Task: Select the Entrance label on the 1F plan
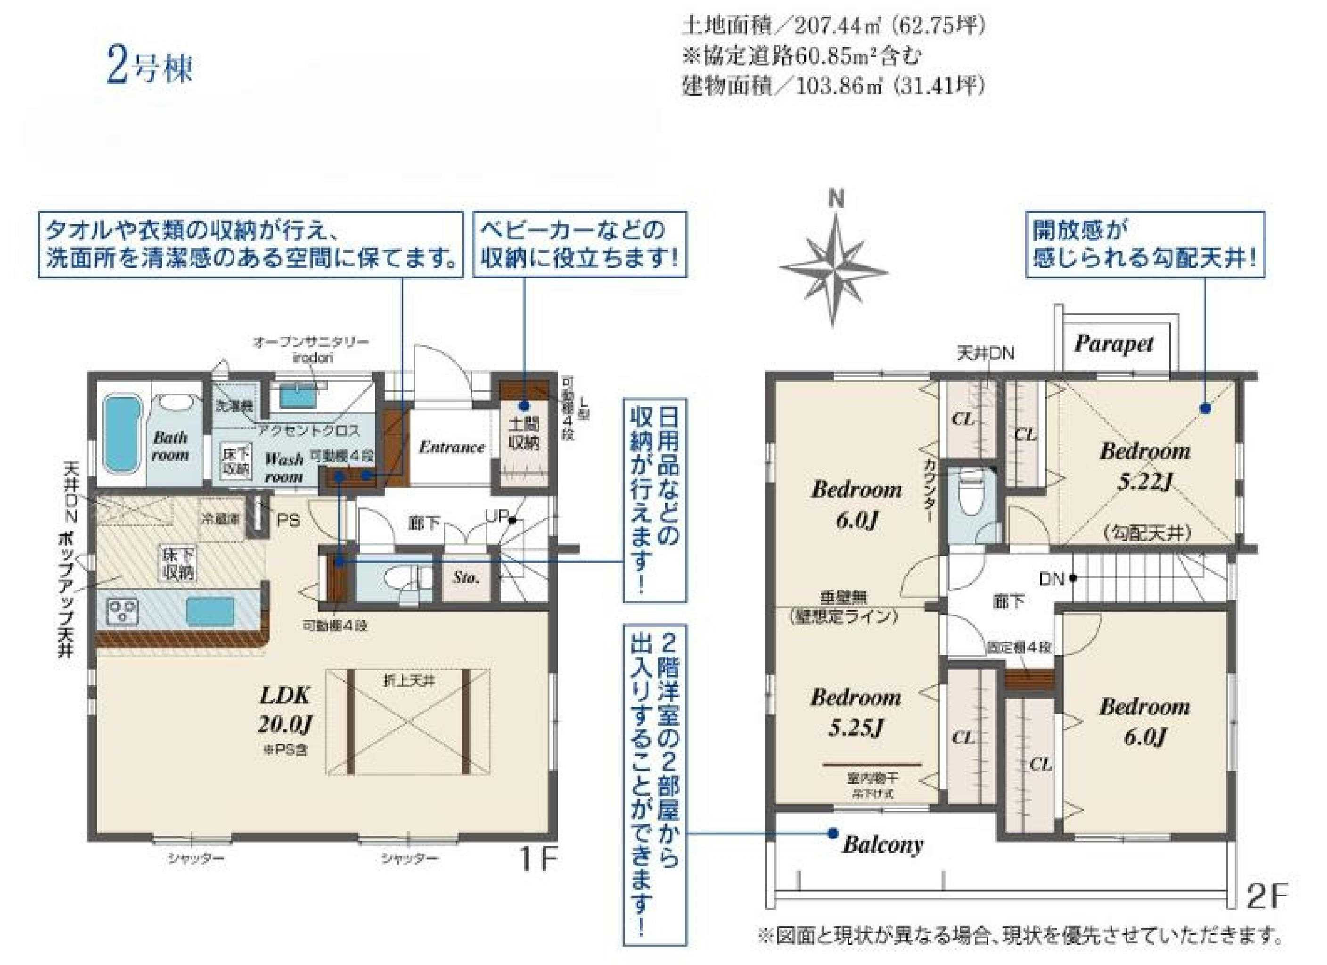[x=452, y=447]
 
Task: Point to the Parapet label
[x=1114, y=344]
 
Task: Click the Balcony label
[x=882, y=844]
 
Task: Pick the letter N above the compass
[x=837, y=200]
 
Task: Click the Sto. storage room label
[x=466, y=578]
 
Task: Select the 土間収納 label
[x=524, y=433]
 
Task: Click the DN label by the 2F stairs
[x=1051, y=579]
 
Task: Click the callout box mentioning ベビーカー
[x=579, y=244]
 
